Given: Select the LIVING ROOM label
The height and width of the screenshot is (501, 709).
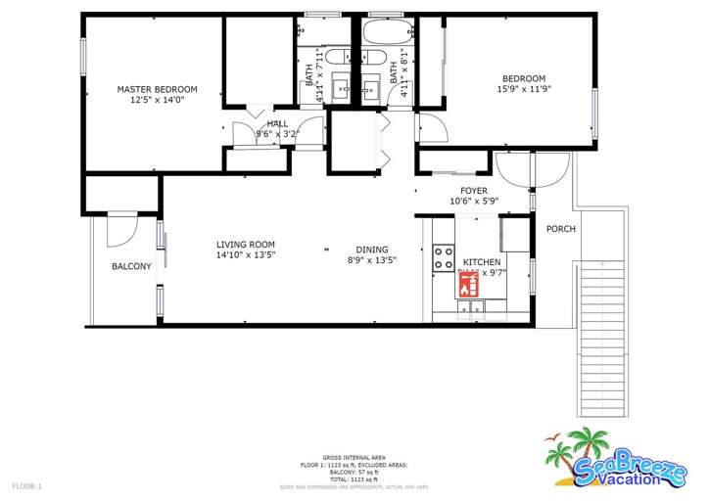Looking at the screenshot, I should [x=246, y=245].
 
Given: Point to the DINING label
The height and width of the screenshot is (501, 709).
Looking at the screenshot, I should [x=371, y=250].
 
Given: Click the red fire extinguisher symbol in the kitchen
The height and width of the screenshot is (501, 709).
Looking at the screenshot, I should [x=467, y=285].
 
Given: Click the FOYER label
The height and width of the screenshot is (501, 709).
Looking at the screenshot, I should [x=474, y=191].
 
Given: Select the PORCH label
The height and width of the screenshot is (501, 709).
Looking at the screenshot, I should [x=561, y=229].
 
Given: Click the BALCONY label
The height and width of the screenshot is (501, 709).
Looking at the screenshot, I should [x=131, y=266].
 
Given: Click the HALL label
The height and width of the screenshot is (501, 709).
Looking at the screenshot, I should [x=277, y=124].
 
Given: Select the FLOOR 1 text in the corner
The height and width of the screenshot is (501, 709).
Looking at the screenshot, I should [x=26, y=485].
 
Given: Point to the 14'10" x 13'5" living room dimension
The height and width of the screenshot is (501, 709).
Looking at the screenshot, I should [x=246, y=255].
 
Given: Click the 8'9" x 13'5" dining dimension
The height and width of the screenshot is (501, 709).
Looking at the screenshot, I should [x=371, y=261].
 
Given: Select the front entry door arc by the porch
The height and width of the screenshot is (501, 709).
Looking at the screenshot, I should [x=513, y=173].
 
